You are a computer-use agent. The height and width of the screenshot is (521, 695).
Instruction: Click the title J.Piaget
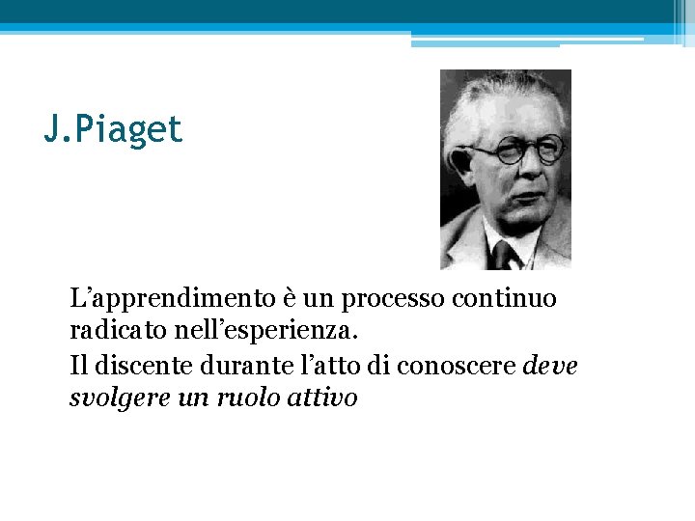tap(113, 129)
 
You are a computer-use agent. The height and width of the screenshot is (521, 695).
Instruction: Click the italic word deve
tap(549, 366)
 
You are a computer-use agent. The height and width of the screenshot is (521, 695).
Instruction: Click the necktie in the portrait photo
tap(501, 255)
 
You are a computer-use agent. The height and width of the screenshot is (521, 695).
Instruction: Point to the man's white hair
tap(502, 96)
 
